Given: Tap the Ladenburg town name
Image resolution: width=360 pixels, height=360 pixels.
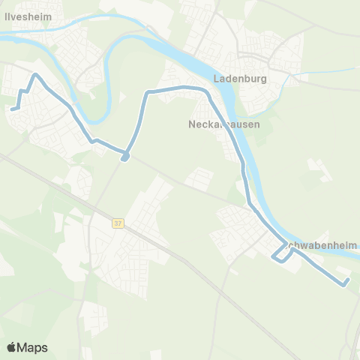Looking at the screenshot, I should tap(240, 78).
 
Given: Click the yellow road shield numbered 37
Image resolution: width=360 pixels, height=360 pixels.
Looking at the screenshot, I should tap(118, 223).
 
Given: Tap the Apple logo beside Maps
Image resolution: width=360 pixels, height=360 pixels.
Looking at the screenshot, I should tap(12, 347).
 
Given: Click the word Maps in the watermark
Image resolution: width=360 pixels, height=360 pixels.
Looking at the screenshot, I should tap(32, 347).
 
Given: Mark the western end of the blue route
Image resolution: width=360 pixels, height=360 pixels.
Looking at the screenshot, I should tap(11, 109).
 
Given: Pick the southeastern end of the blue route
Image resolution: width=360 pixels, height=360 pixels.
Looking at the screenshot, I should tap(346, 283).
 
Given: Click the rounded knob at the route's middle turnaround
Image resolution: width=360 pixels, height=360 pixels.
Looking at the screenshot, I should tap(125, 157).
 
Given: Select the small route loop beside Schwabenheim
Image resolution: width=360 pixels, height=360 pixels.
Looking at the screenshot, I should tap(282, 256).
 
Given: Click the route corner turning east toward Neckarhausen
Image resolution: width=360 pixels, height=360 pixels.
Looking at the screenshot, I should tap(148, 92).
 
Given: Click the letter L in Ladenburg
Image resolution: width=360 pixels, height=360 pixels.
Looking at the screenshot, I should tap(216, 78).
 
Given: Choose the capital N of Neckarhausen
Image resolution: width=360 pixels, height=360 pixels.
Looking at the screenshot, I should tap(190, 125).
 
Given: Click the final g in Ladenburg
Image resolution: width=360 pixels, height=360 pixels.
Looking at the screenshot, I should tap(265, 79).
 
